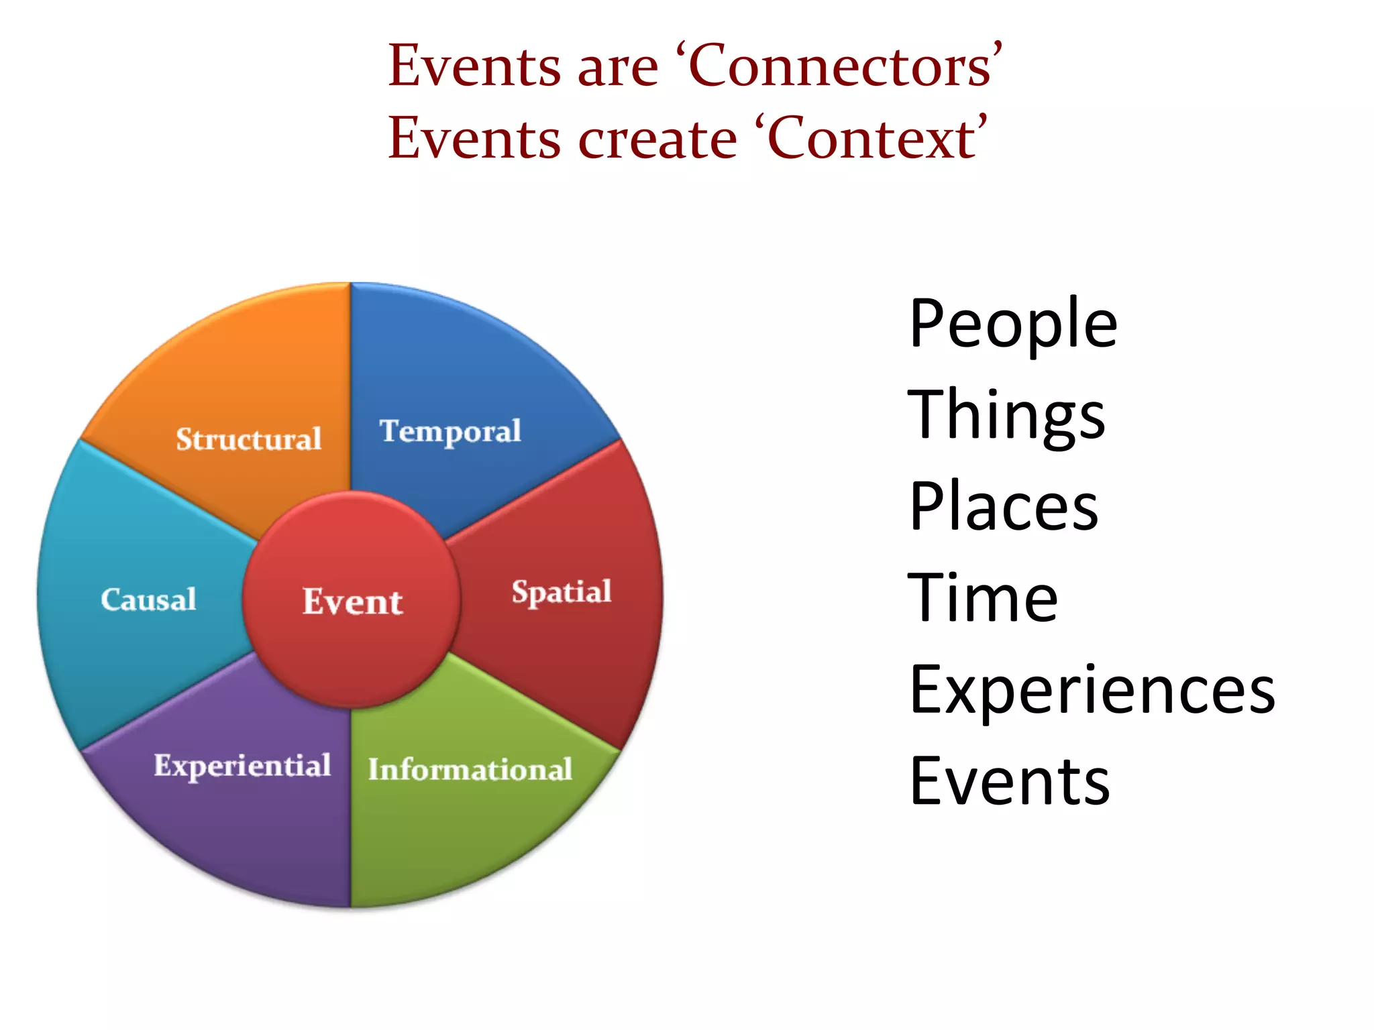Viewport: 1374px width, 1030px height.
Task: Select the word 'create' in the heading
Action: (657, 139)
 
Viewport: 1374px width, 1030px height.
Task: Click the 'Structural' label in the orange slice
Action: (249, 439)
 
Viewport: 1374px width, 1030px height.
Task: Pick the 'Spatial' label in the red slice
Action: (562, 592)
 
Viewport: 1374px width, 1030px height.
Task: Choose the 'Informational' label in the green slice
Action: (470, 769)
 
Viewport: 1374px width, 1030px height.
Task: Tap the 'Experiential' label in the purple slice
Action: (242, 766)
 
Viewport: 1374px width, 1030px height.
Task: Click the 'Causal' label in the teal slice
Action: (148, 599)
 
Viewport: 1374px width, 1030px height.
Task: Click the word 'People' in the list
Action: (1013, 325)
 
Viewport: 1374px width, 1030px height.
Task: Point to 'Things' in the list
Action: (1006, 416)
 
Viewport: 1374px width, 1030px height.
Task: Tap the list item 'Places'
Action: (1004, 507)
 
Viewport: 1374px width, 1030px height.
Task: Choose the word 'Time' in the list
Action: (983, 598)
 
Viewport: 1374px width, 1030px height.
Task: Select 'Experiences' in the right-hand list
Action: (1092, 691)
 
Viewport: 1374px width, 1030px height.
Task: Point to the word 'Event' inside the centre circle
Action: (352, 602)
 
